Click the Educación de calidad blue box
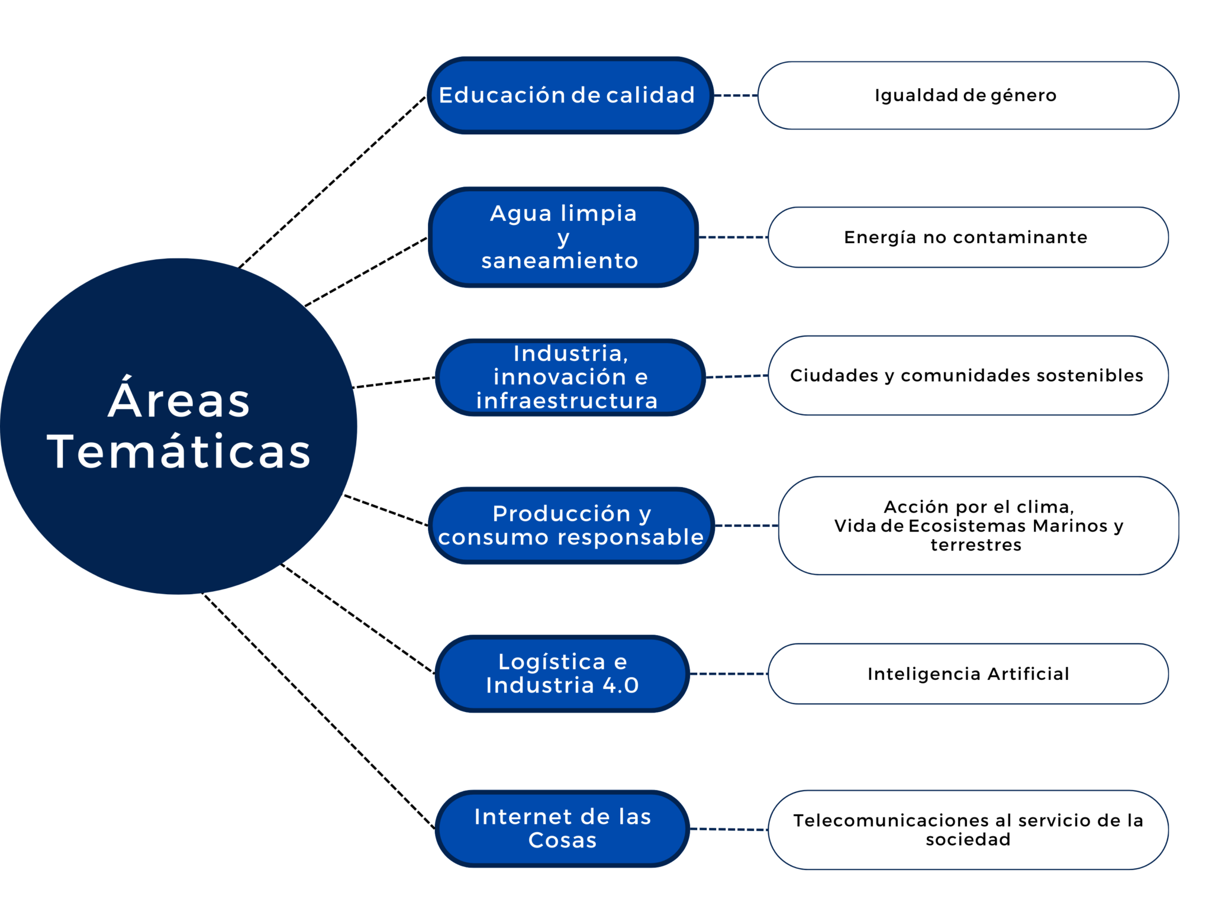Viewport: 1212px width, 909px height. coord(569,95)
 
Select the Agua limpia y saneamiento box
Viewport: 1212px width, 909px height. coord(563,237)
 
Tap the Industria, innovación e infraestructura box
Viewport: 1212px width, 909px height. coord(569,377)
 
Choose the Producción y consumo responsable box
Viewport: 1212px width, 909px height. coord(570,526)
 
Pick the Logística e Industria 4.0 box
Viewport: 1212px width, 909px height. coord(562,673)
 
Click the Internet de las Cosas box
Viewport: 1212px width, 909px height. coord(562,829)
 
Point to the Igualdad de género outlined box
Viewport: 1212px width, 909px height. coord(968,95)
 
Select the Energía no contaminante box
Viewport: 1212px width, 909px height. coord(968,237)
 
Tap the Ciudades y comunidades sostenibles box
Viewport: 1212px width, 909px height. coord(968,375)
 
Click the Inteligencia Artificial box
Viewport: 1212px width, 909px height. coord(968,673)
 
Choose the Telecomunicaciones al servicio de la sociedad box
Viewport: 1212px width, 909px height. coord(968,830)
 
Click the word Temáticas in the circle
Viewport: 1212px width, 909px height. coord(179,452)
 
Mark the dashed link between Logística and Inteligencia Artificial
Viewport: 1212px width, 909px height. coord(729,673)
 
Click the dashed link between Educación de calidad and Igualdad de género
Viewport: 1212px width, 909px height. coord(736,95)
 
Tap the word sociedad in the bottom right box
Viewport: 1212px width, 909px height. coord(968,839)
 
